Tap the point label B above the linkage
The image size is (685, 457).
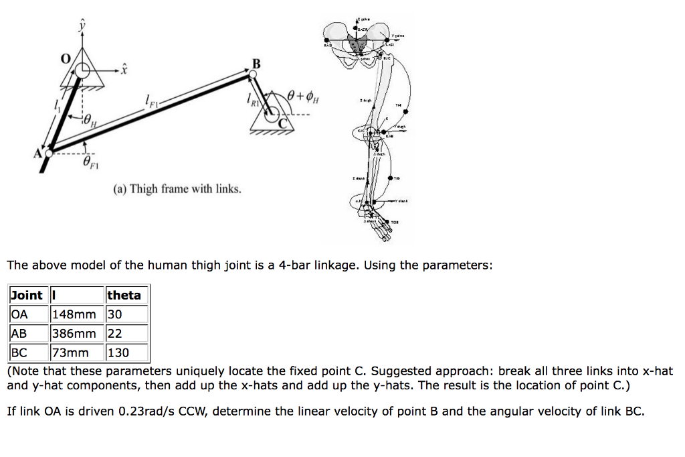coord(256,64)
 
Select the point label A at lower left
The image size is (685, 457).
coord(37,153)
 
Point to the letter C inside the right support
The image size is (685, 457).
coord(282,122)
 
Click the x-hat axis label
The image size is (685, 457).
coord(124,68)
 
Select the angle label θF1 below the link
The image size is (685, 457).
coord(91,161)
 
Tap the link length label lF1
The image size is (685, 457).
coord(151,101)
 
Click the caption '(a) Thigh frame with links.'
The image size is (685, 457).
coord(177,189)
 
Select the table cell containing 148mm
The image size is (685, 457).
coord(73,314)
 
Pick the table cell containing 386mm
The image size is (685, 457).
coord(73,333)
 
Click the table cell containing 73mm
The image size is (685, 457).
coord(70,352)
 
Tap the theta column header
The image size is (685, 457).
coord(124,296)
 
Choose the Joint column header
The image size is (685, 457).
coord(27,296)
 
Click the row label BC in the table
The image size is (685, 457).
coord(19,352)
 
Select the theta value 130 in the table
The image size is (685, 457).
coord(118,352)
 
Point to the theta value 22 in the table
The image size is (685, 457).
coord(115,333)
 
